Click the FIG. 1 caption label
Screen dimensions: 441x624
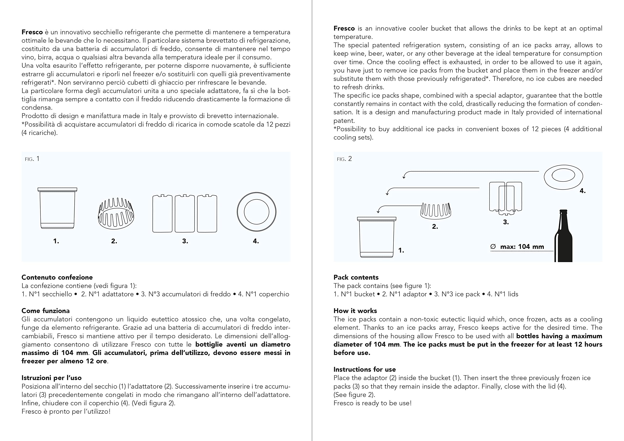(32, 159)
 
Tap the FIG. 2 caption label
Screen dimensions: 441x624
(344, 159)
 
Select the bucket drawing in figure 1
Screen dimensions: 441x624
(57, 208)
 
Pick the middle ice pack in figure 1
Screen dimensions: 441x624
(185, 214)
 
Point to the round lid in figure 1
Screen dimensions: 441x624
(257, 212)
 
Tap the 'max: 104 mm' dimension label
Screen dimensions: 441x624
(522, 247)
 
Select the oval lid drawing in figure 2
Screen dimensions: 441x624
(563, 177)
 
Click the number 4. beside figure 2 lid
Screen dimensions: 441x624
(582, 191)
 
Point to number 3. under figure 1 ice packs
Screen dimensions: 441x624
(185, 241)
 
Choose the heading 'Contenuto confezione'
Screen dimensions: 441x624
(57, 277)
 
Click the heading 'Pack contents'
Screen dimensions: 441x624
(356, 277)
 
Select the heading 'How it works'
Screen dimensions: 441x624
(355, 311)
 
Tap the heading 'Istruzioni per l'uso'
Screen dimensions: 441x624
(51, 378)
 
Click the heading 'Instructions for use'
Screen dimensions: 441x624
(364, 369)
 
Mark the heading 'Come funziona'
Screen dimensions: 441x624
(45, 311)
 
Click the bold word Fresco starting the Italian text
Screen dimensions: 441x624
(32, 32)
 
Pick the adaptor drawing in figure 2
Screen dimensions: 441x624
(435, 211)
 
